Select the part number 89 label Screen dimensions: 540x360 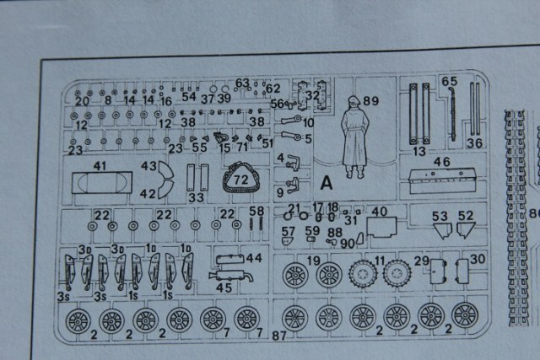[371, 101]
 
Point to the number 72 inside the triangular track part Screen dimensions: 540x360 [243, 179]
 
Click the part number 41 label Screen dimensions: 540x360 [100, 167]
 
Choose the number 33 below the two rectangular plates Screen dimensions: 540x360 [197, 197]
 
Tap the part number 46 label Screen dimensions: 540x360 [442, 161]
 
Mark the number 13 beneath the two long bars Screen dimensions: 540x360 [419, 151]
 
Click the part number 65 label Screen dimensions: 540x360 [450, 82]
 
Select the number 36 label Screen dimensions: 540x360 [474, 143]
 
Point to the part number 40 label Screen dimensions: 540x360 [380, 211]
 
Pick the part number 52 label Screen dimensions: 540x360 [466, 216]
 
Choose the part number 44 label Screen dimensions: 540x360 [254, 257]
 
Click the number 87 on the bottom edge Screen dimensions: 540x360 [279, 336]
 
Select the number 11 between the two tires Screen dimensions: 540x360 [380, 260]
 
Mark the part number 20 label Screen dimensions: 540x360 [82, 101]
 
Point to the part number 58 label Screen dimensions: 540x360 [257, 211]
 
